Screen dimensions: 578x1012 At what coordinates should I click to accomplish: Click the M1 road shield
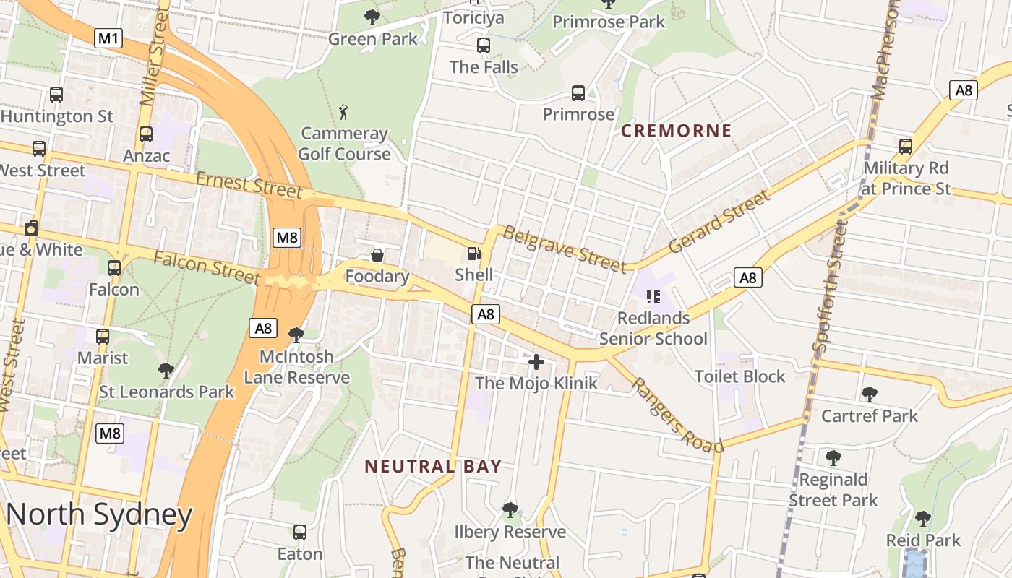pos(108,38)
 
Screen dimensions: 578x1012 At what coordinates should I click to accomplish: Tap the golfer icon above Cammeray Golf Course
pos(344,112)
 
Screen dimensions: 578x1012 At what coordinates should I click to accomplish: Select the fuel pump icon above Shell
pos(473,254)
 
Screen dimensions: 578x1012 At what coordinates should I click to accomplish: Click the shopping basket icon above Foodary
pos(377,255)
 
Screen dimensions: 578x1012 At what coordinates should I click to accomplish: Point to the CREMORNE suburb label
pos(677,131)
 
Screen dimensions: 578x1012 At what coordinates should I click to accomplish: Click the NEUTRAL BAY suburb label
pos(433,466)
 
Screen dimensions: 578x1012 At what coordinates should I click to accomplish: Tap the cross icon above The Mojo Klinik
pos(536,361)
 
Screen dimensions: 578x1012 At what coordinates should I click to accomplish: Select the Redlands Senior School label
pos(653,328)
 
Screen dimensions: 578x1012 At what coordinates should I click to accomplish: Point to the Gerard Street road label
pos(719,222)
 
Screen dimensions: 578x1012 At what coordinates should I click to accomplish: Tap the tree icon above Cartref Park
pos(869,394)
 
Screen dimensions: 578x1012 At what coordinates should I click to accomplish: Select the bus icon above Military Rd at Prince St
pos(906,147)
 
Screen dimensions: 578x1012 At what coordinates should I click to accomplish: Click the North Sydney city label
pos(100,514)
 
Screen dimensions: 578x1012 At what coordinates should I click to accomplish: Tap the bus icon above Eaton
pos(300,532)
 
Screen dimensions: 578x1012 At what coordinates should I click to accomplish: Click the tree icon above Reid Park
pos(922,519)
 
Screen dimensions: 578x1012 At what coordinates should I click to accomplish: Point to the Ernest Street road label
pos(248,185)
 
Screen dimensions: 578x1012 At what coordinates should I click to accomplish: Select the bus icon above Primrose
pos(578,92)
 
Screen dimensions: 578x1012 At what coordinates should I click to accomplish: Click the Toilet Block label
pos(739,376)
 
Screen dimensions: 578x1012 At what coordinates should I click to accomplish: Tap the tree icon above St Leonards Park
pos(166,371)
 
